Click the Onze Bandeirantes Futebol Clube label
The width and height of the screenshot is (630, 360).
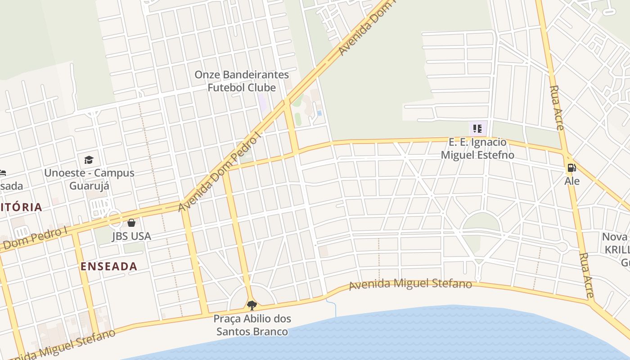pyautogui.click(x=241, y=81)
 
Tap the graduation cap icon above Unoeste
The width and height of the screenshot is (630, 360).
pyautogui.click(x=89, y=160)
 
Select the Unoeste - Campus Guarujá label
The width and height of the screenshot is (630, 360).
pyautogui.click(x=89, y=179)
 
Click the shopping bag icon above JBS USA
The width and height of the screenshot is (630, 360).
pyautogui.click(x=131, y=223)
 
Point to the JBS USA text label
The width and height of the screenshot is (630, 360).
pyautogui.click(x=131, y=236)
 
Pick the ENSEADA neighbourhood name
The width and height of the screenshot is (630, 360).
pyautogui.click(x=109, y=266)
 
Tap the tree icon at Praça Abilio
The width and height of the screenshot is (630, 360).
pyautogui.click(x=252, y=306)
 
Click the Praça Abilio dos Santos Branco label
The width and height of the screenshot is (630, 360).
pyautogui.click(x=252, y=325)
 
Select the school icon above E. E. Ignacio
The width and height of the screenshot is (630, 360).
pyautogui.click(x=477, y=129)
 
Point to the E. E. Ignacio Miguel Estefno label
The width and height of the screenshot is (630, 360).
pyautogui.click(x=477, y=149)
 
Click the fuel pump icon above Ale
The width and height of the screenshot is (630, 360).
pyautogui.click(x=571, y=168)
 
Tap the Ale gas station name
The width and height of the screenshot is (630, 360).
pyautogui.click(x=572, y=181)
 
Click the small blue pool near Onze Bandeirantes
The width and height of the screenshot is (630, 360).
pyautogui.click(x=319, y=113)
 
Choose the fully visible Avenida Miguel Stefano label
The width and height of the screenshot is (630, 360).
pyautogui.click(x=410, y=284)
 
